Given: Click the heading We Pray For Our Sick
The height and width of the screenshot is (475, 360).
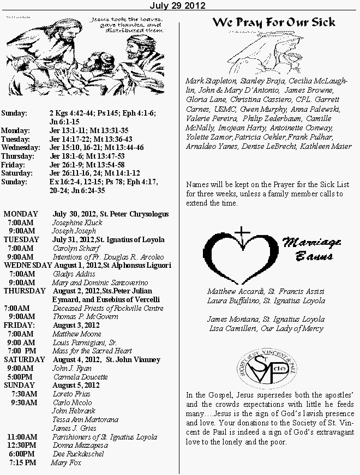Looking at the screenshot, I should pos(273,23).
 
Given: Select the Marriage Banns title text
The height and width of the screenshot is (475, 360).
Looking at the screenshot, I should pos(311,249).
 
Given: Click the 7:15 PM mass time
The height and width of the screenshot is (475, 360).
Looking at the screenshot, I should pos(22,462).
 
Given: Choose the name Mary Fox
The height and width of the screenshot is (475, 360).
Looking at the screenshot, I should pos(66,463).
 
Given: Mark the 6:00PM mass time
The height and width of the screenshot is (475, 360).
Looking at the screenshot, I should pos(22,454).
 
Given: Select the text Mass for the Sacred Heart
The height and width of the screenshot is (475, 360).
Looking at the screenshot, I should pos(92,351).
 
